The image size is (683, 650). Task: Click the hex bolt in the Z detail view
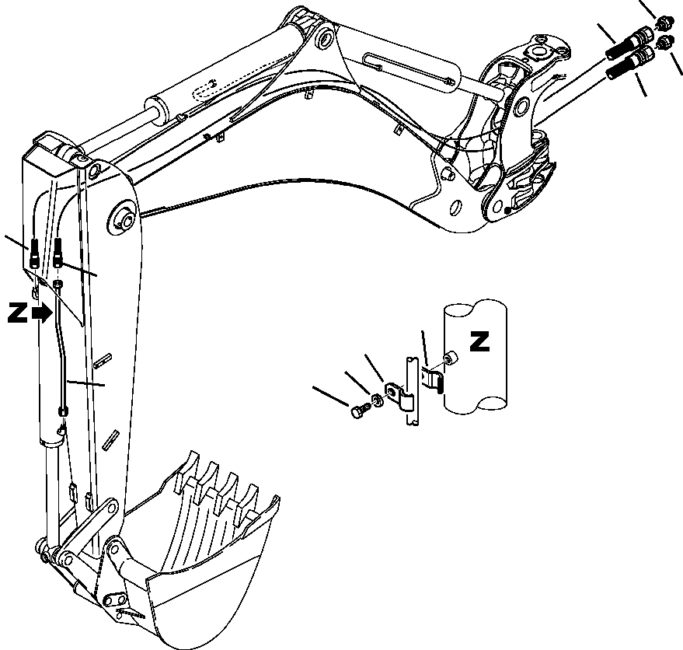(358, 413)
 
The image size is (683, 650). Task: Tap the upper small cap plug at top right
(664, 23)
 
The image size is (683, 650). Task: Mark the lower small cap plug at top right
(666, 42)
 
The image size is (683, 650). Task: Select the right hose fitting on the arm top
(58, 252)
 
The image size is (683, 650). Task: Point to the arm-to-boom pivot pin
(124, 218)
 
